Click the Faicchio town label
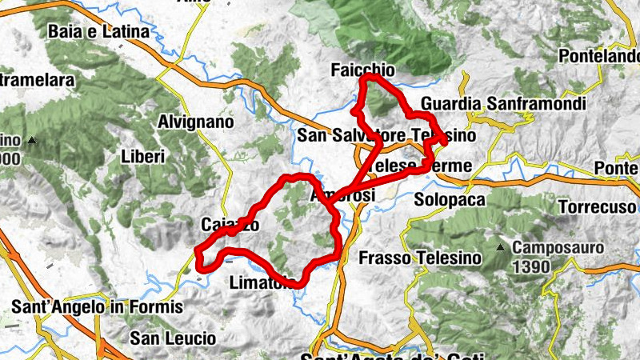[361, 70]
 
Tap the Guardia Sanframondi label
[503, 104]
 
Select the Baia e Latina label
[98, 32]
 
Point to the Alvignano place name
[196, 122]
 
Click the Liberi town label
[143, 156]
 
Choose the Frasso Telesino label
[420, 258]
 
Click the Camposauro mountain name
[558, 248]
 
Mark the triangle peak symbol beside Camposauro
[501, 248]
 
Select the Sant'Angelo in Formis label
[98, 306]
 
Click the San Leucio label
[174, 338]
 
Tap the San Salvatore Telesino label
[386, 136]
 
